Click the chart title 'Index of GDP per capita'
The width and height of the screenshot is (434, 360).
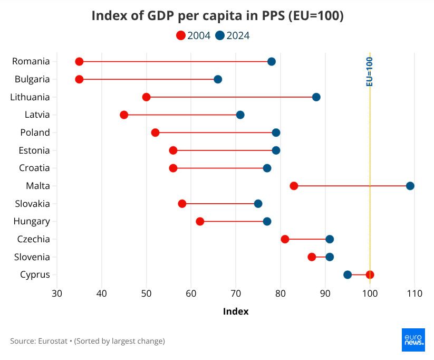[217, 16]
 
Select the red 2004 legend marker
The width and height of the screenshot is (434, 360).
[181, 36]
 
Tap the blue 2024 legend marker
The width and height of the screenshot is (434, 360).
[220, 36]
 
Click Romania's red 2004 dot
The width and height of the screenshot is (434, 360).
[79, 62]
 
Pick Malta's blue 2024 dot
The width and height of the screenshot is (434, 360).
[410, 186]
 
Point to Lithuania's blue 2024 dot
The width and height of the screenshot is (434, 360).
[316, 97]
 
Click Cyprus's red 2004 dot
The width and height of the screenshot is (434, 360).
[370, 274]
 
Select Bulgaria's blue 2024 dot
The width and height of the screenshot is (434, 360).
[218, 79]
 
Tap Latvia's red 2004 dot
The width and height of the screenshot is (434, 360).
[124, 115]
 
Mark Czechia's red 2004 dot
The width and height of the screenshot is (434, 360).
[285, 239]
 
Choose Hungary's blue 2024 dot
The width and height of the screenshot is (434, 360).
[267, 221]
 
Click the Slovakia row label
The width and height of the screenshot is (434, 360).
[33, 204]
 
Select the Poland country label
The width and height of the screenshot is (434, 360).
[35, 132]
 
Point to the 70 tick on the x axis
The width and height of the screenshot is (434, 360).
[236, 293]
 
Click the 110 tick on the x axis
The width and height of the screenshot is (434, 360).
[414, 293]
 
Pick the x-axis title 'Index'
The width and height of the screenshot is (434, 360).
[236, 311]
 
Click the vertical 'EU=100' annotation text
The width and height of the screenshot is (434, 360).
[370, 71]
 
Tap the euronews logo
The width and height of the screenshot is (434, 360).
[413, 339]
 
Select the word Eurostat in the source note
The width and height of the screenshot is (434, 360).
[53, 341]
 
